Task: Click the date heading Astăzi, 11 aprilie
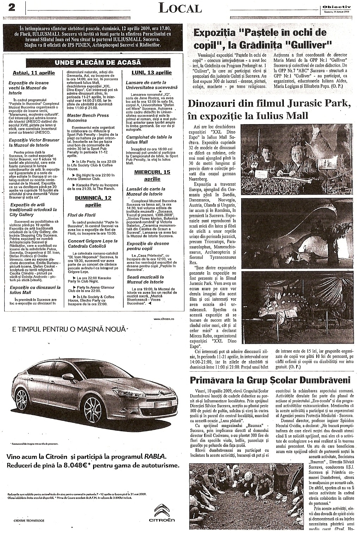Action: click(34, 73)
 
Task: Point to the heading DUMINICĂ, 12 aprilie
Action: click(93, 201)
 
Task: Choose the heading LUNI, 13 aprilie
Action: click(152, 73)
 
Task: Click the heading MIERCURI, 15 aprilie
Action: click(152, 175)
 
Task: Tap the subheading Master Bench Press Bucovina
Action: click(88, 117)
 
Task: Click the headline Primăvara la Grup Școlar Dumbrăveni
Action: click(270, 380)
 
